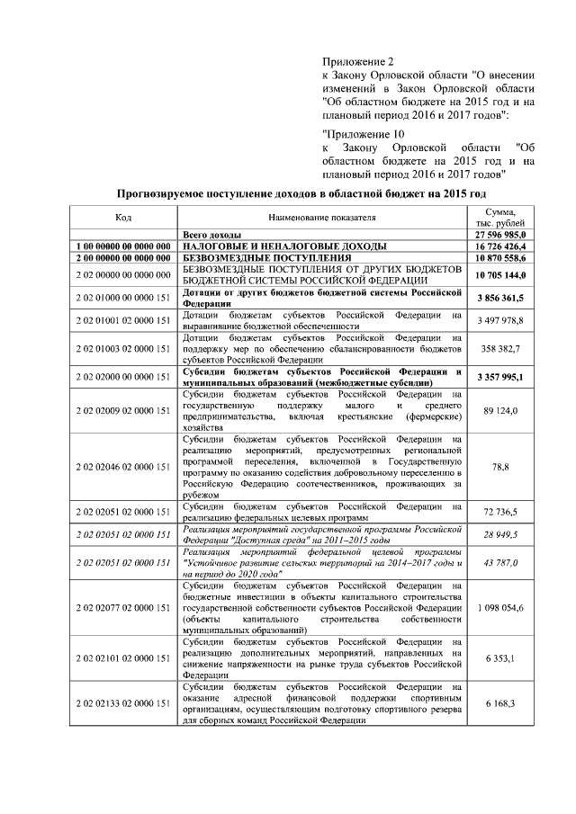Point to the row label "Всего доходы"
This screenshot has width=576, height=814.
[x=211, y=234]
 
